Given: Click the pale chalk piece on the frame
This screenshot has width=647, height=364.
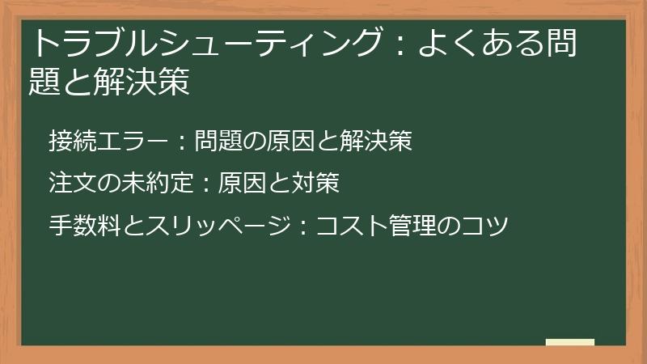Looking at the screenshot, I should point(570,343).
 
